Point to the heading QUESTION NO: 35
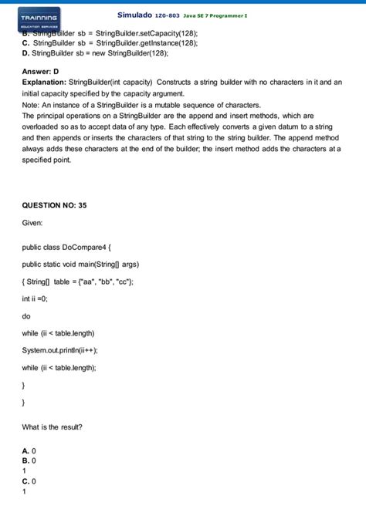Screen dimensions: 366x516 coord(54,207)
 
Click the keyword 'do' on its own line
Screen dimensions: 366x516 coord(27,315)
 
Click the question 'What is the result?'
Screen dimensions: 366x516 coord(53,427)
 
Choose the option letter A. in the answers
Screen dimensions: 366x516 coord(26,450)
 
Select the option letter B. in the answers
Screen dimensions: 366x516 coord(26,460)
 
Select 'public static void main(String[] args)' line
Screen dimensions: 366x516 coord(80,265)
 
